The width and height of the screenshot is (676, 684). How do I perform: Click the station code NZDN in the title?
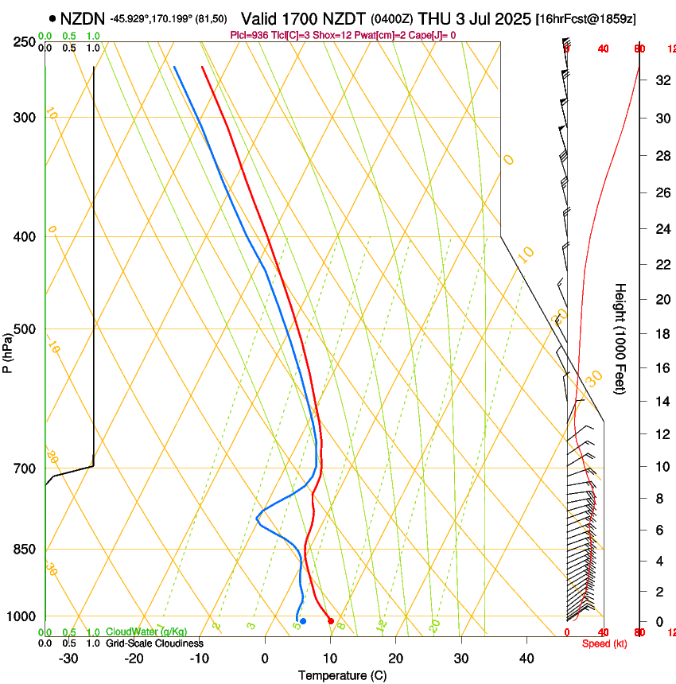point(83,18)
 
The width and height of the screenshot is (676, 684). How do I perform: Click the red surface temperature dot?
point(331,621)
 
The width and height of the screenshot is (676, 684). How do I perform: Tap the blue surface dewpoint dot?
point(303,621)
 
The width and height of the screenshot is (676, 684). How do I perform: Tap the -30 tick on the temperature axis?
point(68,659)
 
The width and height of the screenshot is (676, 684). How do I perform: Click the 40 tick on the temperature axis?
point(526,659)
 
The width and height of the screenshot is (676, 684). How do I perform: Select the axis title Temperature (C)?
point(342,675)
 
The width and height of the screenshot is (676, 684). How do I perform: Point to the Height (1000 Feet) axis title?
point(620,338)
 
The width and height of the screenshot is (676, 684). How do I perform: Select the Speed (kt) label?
point(604,643)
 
